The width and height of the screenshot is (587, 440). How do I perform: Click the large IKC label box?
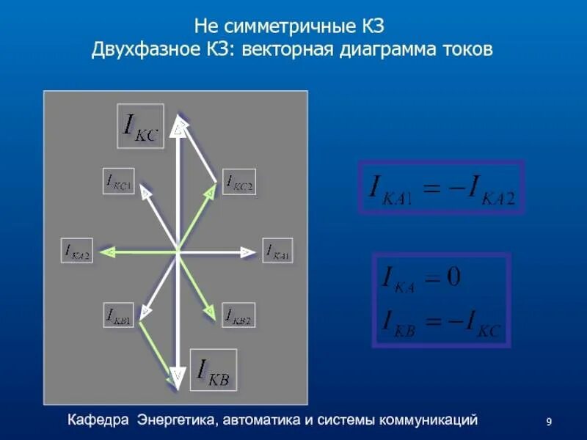coord(140,126)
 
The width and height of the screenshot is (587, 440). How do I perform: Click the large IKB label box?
coord(214,370)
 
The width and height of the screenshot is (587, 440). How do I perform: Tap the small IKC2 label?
coord(239,183)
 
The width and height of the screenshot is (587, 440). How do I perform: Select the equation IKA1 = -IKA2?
coord(441,186)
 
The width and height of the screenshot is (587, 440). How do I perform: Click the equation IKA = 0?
coord(420,279)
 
